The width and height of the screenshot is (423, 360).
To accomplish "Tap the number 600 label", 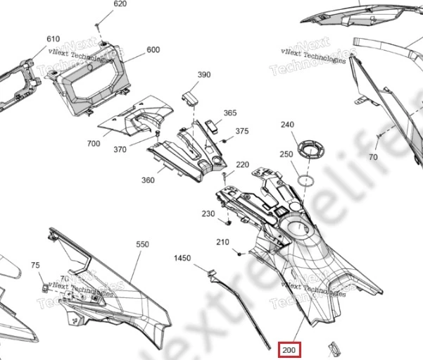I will (x=153, y=50).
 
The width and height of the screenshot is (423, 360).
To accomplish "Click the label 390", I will (x=203, y=75).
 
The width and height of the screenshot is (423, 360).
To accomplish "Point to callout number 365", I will (x=230, y=113).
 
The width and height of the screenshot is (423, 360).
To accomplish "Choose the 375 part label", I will (x=241, y=131).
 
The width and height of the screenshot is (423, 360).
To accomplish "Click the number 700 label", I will (x=94, y=144).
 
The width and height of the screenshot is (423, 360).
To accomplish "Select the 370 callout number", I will (x=120, y=149).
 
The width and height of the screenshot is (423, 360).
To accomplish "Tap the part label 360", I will (x=148, y=180).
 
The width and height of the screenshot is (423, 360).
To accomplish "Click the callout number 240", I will (x=287, y=125).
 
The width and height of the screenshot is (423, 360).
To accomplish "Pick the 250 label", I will (x=286, y=154).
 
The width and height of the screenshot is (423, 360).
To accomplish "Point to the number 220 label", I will (x=242, y=165).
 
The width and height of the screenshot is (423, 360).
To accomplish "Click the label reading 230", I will (x=208, y=213).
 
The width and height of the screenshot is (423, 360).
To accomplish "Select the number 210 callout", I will (x=222, y=242).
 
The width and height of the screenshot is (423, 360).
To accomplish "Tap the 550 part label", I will (x=142, y=244).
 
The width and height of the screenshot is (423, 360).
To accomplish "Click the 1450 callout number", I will (x=182, y=259).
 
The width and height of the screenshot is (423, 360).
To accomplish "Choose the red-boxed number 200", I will (x=289, y=349).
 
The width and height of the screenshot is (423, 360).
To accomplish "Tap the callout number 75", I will (x=35, y=265).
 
